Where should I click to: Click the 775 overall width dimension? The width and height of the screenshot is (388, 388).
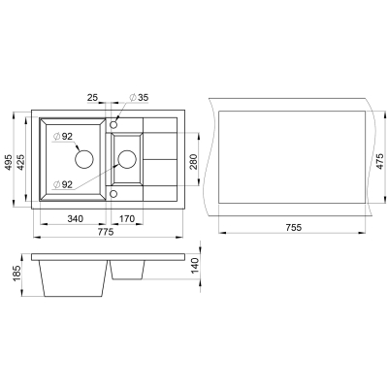[105, 232]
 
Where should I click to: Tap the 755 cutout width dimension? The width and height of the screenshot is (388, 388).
[293, 227]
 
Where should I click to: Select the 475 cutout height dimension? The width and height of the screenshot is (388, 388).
[381, 160]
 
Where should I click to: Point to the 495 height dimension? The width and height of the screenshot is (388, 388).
[9, 163]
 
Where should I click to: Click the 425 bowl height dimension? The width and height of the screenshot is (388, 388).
[20, 163]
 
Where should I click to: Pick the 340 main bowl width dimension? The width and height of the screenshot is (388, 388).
[75, 219]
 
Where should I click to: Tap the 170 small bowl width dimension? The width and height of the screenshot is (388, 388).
[127, 219]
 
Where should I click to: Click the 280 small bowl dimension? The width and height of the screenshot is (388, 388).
[192, 161]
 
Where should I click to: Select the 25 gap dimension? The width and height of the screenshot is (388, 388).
[92, 97]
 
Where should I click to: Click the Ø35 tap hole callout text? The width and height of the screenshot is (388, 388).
[139, 97]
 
